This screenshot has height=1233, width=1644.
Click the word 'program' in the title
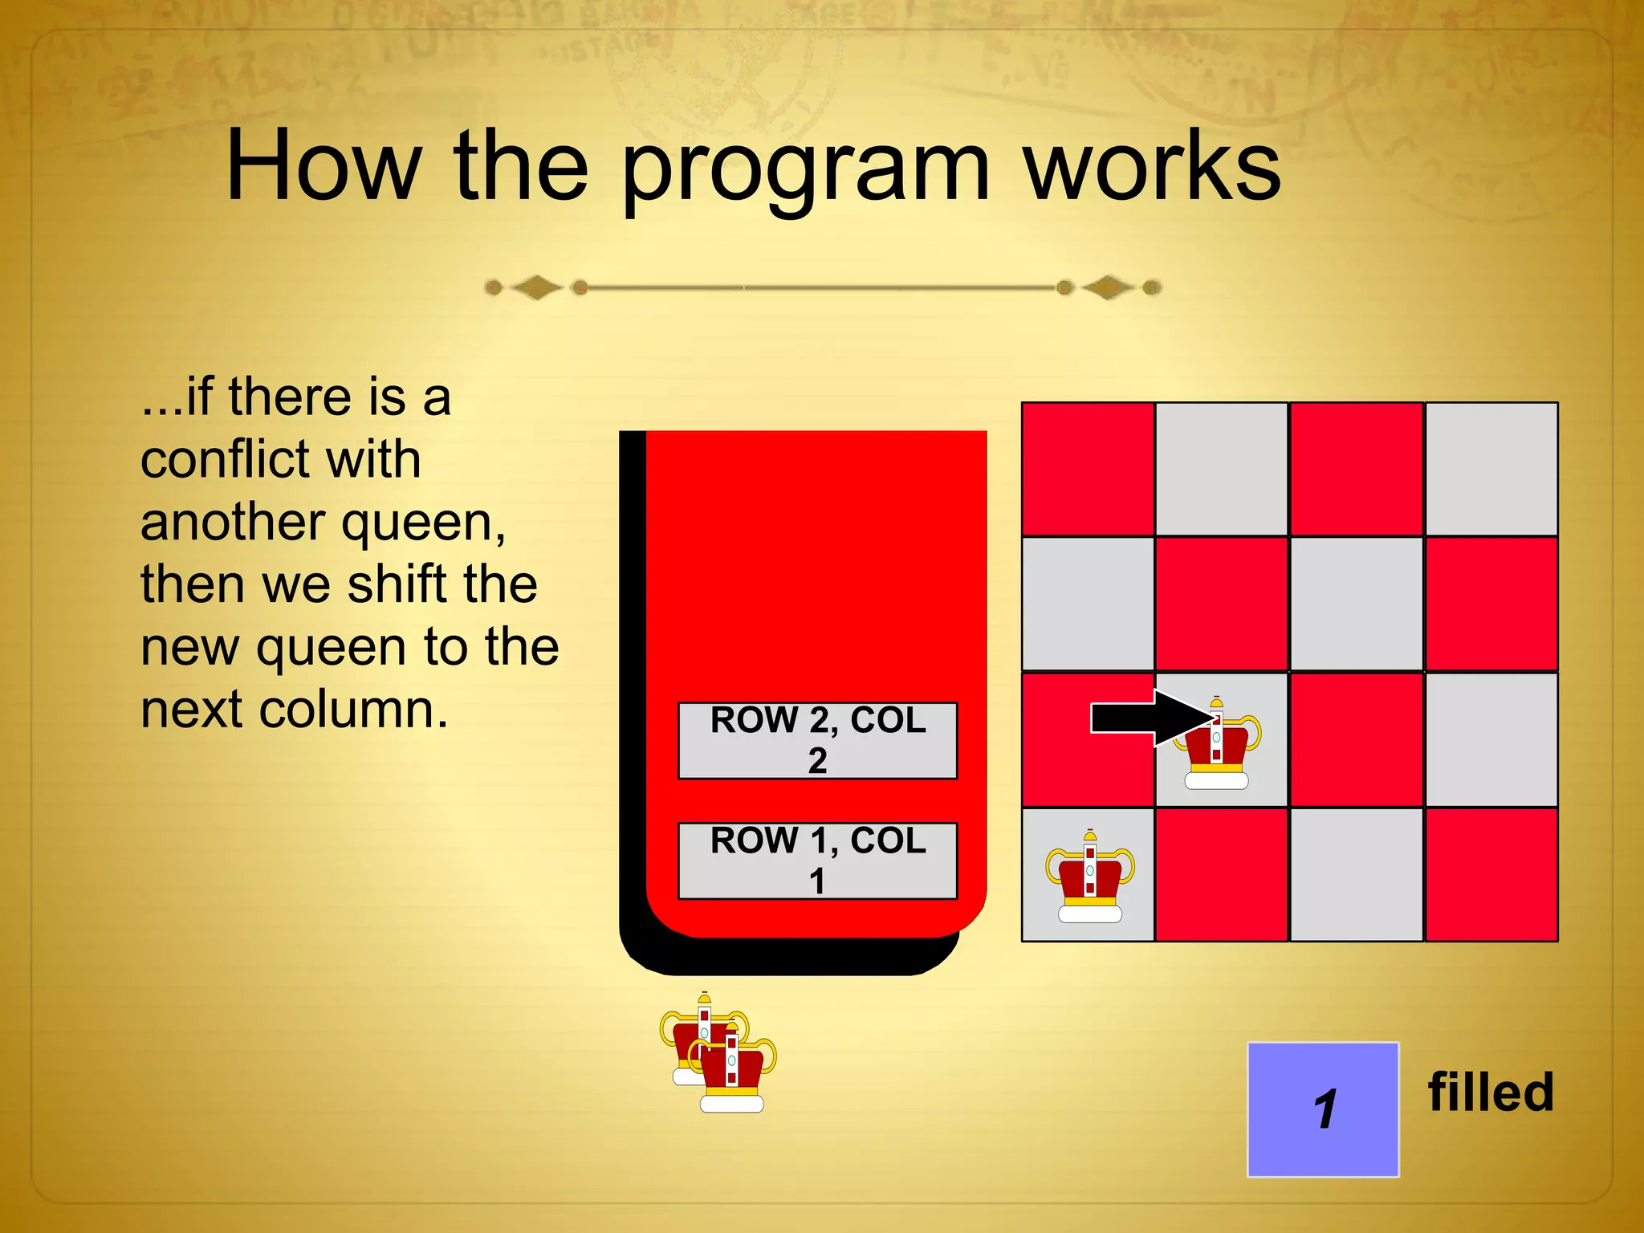805,170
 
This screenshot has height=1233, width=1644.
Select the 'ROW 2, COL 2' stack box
817,740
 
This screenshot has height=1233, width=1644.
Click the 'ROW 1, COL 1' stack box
817,861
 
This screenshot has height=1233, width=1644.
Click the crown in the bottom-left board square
1089,878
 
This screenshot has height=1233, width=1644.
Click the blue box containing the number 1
1323,1109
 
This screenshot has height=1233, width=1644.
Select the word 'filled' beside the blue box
1491,1093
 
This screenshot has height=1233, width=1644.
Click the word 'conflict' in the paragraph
280,459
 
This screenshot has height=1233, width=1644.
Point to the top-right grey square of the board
1491,469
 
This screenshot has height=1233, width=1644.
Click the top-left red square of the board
1088,469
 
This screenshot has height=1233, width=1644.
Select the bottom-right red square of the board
1491,875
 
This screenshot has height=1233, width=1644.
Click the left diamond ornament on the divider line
537,287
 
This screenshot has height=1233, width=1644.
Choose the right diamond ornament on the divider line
1108,287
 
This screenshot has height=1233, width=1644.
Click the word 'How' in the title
323,167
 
